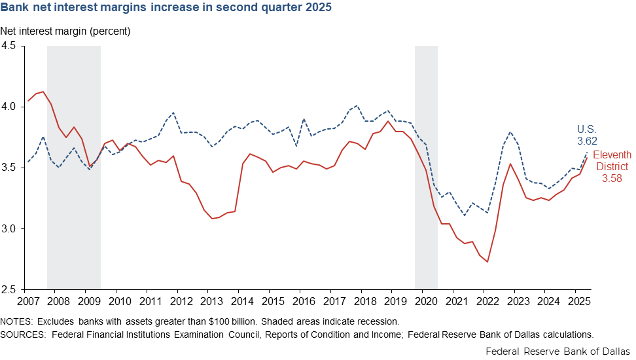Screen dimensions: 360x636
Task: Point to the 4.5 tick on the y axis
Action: [x=12, y=46]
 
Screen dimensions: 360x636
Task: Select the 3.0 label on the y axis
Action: [x=12, y=228]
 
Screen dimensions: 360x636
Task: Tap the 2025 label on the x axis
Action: [x=575, y=301]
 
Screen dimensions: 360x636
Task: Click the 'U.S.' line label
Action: [x=586, y=129]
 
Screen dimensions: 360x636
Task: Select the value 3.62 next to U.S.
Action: [x=587, y=140]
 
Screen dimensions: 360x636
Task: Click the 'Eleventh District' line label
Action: [x=612, y=160]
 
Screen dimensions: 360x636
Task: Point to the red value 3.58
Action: [x=612, y=177]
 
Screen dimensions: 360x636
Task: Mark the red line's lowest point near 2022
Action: [x=487, y=262]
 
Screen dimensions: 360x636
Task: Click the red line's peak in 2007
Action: [x=43, y=92]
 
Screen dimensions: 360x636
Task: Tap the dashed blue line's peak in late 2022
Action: [x=510, y=132]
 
